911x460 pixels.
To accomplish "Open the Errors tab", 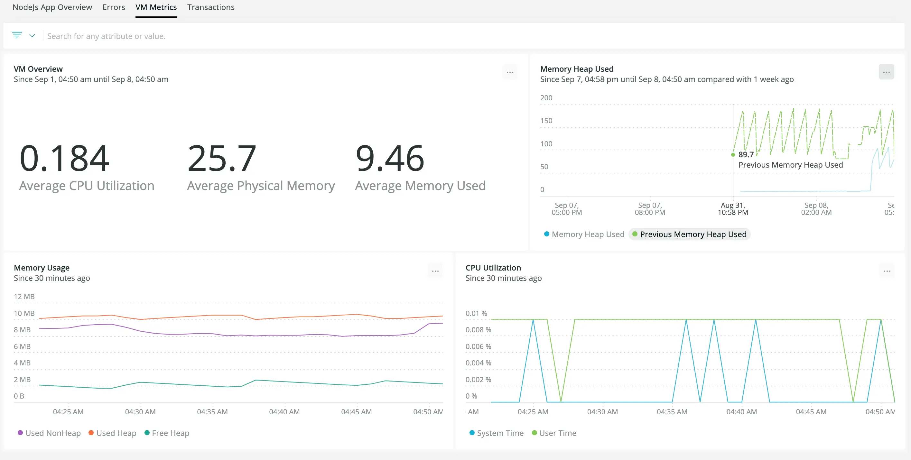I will click(x=114, y=7).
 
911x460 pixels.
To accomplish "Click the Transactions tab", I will click(x=210, y=7).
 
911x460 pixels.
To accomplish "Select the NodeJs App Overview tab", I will click(x=52, y=7).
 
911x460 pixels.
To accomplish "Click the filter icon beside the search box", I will click(x=17, y=35).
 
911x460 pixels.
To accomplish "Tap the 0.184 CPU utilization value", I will click(x=64, y=158).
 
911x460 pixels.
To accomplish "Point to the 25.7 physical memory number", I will click(x=221, y=158).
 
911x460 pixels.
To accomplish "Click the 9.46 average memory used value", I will click(x=389, y=158).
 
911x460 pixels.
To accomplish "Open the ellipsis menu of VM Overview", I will click(x=510, y=72).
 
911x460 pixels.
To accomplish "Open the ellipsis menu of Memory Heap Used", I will click(x=886, y=72).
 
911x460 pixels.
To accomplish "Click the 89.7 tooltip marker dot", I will click(x=733, y=154).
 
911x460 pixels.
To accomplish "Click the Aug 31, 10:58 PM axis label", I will click(x=732, y=209).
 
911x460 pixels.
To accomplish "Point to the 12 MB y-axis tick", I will click(x=24, y=297).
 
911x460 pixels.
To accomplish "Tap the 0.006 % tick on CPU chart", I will click(x=478, y=346).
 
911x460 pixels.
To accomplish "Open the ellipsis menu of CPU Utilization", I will click(x=887, y=271).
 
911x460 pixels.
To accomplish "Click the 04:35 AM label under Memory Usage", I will click(x=212, y=411).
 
